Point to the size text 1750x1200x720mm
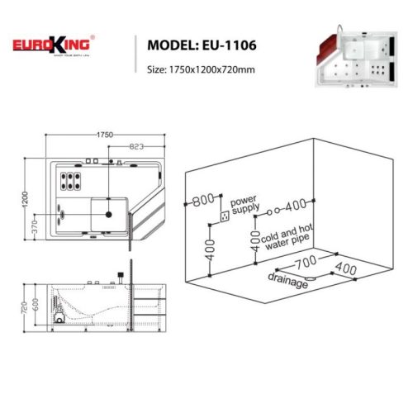coord(202,69)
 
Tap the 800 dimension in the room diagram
coord(203,201)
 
